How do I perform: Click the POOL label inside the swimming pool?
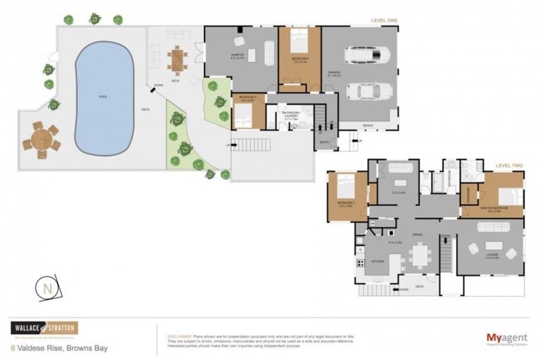click(103, 97)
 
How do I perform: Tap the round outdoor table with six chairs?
click(40, 139)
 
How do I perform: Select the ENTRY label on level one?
click(324, 141)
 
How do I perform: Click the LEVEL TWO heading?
click(509, 165)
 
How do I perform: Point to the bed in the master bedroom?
click(510, 194)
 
